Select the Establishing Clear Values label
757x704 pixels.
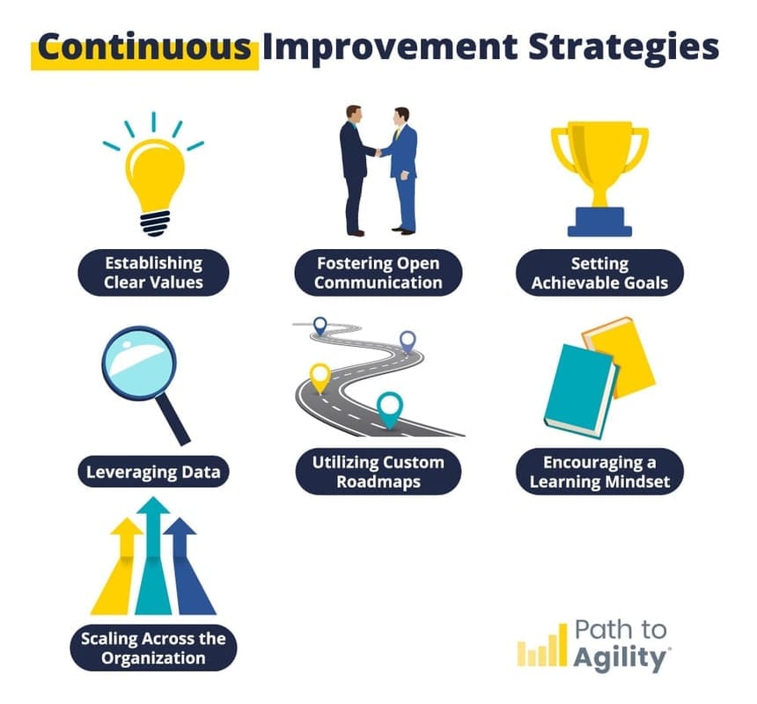point(154,273)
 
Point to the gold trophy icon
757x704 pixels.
point(599,172)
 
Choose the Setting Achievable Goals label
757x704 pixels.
point(599,273)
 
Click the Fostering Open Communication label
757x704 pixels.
point(378,273)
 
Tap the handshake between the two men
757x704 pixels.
point(379,152)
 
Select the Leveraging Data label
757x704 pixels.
point(153,473)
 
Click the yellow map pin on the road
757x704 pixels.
point(320,376)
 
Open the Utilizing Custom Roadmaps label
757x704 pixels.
point(378,472)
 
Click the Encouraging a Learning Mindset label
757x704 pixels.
point(599,472)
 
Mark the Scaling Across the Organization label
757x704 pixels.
point(153,649)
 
